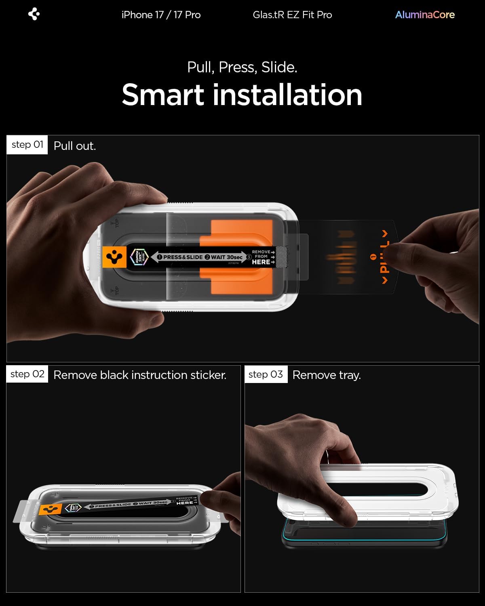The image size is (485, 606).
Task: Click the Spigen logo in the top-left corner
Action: coord(34,15)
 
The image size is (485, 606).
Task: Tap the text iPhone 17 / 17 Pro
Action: coord(161,15)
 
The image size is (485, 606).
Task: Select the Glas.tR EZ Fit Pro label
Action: coord(292,15)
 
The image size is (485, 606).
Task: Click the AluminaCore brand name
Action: coord(425,15)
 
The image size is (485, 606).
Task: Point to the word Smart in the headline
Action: coord(163,95)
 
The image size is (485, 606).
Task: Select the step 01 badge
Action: coord(27,145)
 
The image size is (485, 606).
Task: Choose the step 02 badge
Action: coord(27,374)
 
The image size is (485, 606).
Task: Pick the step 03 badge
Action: coord(266,375)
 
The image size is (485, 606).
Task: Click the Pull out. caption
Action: coord(75,146)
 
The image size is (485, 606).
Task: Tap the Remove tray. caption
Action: coord(327,375)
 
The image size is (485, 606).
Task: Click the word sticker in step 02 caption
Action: coord(208,375)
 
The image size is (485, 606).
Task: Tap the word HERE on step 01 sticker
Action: coord(261,262)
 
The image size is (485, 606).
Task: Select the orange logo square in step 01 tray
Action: coord(115,257)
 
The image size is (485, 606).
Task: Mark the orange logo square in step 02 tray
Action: coord(50,509)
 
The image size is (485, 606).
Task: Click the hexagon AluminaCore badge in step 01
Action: coord(139,257)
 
